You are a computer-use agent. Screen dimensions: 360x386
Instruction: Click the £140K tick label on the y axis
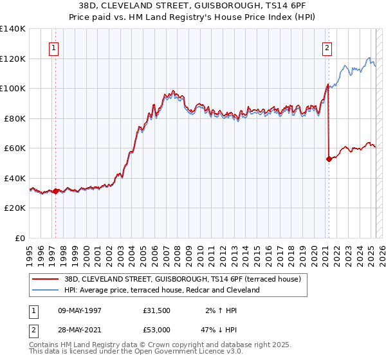tap(13, 29)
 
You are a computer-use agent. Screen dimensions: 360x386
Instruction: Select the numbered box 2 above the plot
tap(327, 47)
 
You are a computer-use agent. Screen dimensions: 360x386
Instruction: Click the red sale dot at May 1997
tap(56, 191)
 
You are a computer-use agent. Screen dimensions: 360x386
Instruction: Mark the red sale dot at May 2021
tap(329, 159)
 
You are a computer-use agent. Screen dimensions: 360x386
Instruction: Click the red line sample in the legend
tap(46, 278)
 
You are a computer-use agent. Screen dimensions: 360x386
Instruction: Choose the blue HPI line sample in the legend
tap(46, 290)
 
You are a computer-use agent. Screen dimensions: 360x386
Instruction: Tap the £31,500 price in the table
tap(157, 309)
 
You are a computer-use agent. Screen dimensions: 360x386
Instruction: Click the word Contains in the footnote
tap(46, 346)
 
